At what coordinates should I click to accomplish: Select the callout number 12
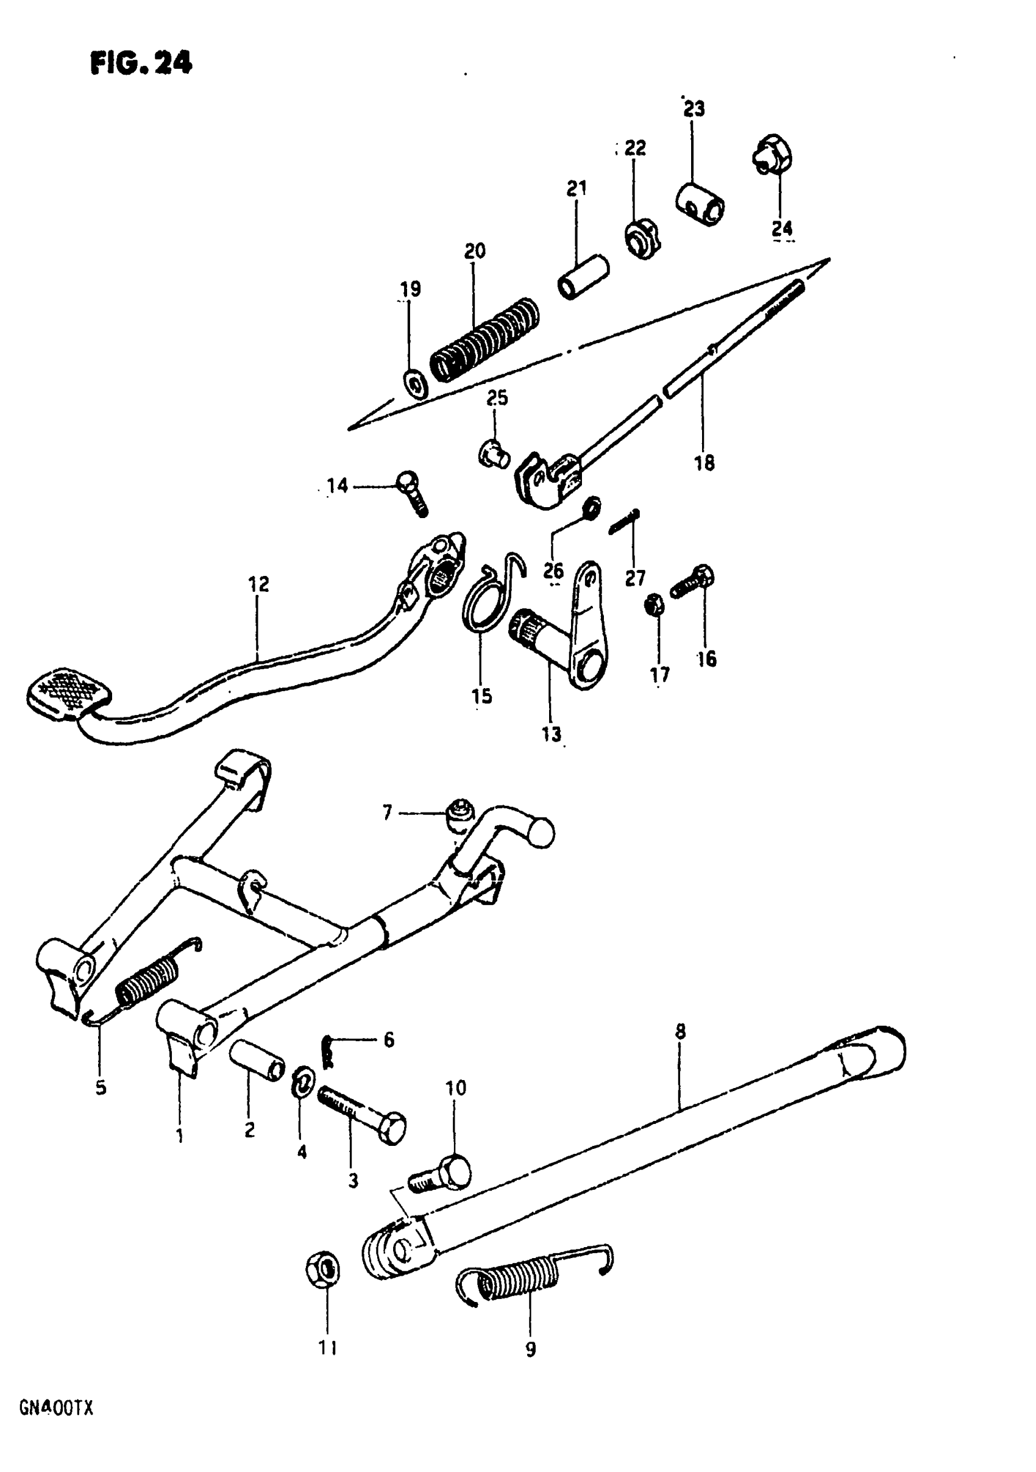coord(259,584)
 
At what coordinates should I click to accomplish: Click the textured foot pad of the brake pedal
coord(68,693)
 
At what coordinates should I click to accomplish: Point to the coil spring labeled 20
coord(484,340)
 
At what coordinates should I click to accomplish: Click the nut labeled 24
coord(773,154)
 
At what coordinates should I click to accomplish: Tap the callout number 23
coord(694,109)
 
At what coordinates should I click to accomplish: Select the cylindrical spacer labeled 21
coord(583,276)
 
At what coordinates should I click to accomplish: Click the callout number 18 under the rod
coord(704,463)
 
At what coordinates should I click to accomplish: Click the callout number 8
coord(680,1031)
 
